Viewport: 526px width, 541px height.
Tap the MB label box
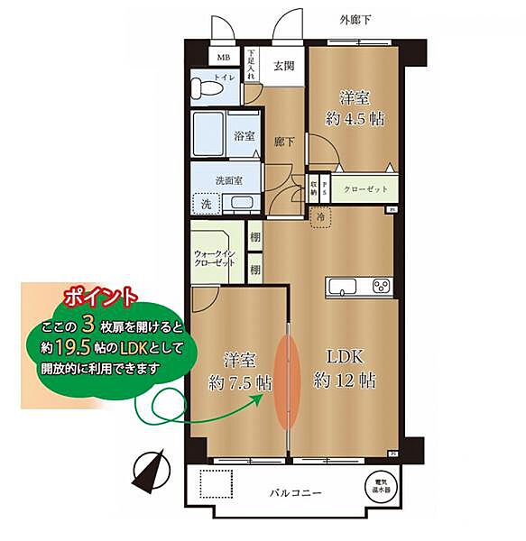pos(223,57)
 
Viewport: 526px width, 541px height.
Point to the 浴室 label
pos(245,137)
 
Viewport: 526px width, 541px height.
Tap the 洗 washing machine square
pos(208,202)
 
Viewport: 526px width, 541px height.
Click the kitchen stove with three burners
pos(381,288)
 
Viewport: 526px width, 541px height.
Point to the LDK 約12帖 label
pos(344,368)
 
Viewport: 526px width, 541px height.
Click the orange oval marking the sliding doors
pos(286,380)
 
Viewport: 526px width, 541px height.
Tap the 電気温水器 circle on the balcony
pos(378,487)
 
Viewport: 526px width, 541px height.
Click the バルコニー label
pos(298,493)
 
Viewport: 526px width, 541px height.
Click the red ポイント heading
pos(101,296)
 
